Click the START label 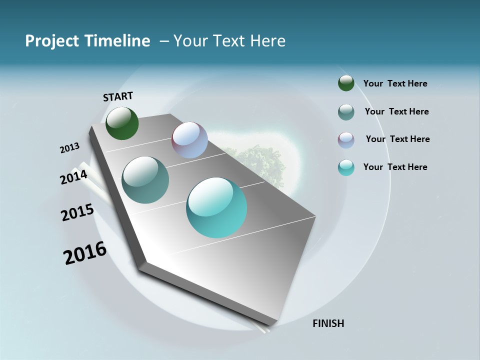[x=118, y=96]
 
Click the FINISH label [x=328, y=323]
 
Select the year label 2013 [x=69, y=148]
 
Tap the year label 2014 [x=73, y=177]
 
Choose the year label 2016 [x=85, y=253]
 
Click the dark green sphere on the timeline [x=122, y=123]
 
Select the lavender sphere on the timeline [x=189, y=140]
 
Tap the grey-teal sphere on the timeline [x=145, y=180]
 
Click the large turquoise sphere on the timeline [x=216, y=207]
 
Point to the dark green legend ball [x=346, y=83]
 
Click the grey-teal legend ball [x=346, y=112]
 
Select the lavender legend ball [x=346, y=140]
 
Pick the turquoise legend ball [x=346, y=167]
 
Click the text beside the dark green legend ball [x=395, y=83]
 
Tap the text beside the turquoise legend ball [x=395, y=167]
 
